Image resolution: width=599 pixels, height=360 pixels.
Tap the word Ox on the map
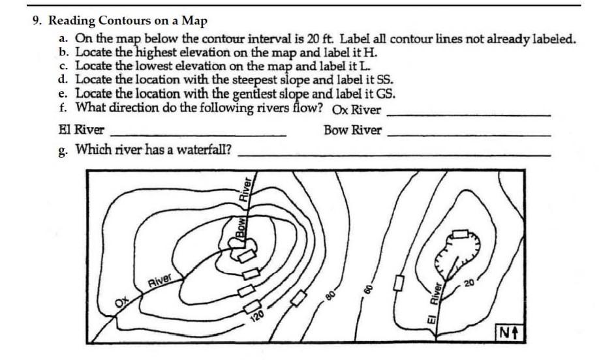pos(121,302)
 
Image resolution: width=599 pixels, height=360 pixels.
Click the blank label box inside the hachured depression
pos(461,233)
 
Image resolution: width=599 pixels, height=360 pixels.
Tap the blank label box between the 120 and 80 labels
pos(299,297)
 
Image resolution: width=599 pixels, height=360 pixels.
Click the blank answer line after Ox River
pos(468,115)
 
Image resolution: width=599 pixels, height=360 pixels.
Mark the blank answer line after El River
pos(199,134)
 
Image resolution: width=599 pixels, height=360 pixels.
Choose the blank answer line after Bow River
pos(468,135)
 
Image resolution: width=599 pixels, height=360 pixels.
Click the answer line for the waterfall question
pos(393,155)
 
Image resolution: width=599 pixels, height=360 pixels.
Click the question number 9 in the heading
pos(37,20)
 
